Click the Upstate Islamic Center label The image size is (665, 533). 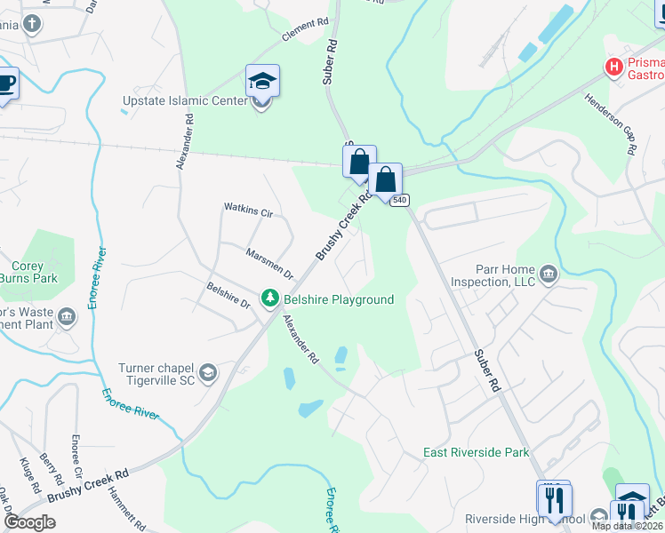(x=185, y=100)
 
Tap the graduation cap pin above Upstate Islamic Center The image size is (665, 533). (x=262, y=81)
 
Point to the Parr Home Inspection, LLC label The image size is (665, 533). (x=500, y=275)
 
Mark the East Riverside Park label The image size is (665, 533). (x=476, y=452)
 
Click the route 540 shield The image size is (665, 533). (x=399, y=200)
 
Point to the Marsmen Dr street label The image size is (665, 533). (x=269, y=263)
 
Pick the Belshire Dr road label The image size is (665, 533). (x=228, y=295)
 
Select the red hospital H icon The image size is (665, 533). (x=613, y=66)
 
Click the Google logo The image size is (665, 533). (x=29, y=522)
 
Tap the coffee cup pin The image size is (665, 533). (x=5, y=84)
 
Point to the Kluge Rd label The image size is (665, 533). (x=28, y=475)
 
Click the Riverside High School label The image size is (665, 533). (x=525, y=519)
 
